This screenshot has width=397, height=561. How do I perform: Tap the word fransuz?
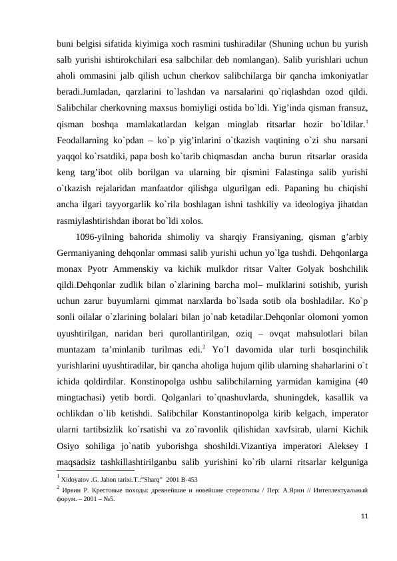pyautogui.click(x=351, y=108)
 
